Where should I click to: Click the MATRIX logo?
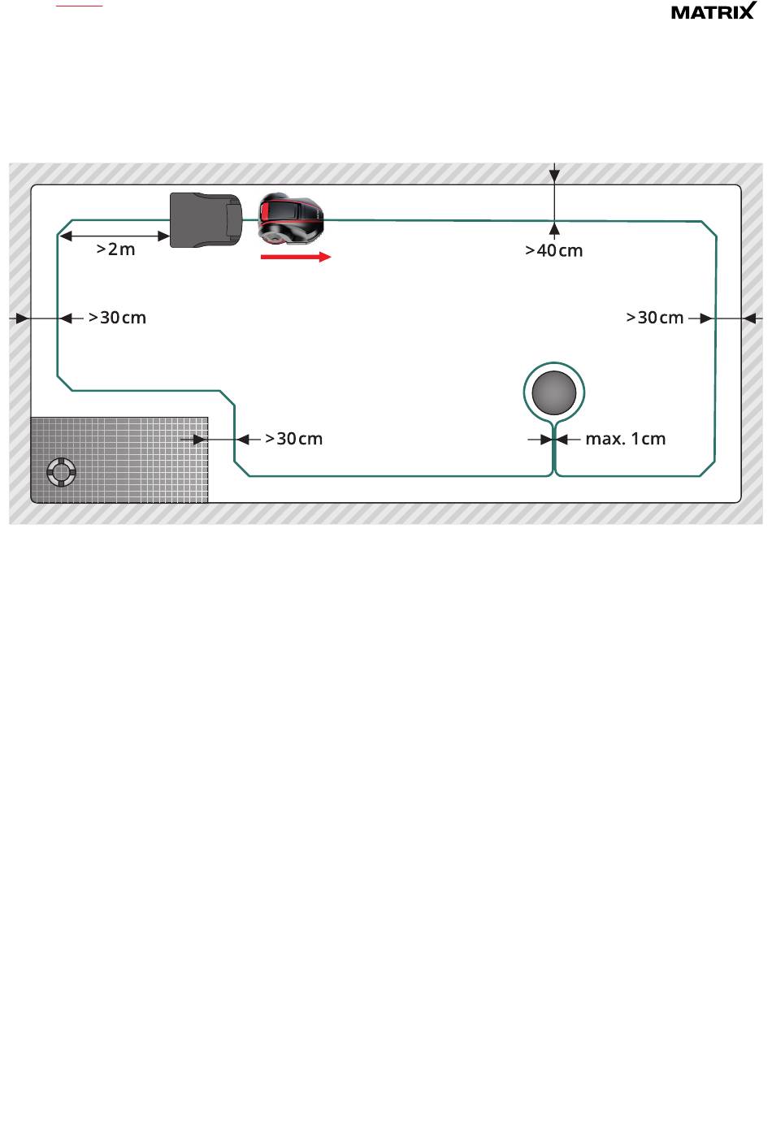click(x=713, y=11)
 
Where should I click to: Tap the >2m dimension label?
click(x=116, y=249)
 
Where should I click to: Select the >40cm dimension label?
click(x=553, y=250)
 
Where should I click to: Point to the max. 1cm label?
click(x=625, y=439)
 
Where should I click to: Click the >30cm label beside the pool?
click(x=293, y=439)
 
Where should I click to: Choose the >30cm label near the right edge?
click(x=654, y=318)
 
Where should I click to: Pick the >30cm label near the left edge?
click(x=117, y=318)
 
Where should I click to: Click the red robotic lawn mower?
click(x=291, y=218)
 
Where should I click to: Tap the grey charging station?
click(x=206, y=218)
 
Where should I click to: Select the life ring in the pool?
click(x=61, y=471)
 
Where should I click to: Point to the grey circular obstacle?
click(x=554, y=393)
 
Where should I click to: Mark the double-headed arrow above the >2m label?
click(x=115, y=236)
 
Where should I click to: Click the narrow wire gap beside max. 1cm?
click(x=553, y=440)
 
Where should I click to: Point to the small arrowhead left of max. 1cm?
click(x=546, y=440)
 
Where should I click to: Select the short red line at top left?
click(x=79, y=5)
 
